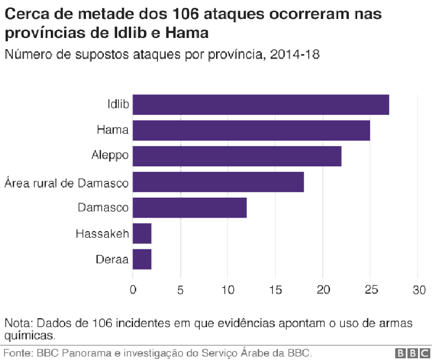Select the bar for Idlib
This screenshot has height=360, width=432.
261,105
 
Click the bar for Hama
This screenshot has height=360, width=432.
251,131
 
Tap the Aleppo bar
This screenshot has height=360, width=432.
237,156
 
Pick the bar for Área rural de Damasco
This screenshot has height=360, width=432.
218,182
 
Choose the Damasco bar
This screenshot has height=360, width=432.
189,208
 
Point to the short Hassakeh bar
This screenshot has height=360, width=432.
142,233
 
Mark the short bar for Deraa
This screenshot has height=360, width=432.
142,259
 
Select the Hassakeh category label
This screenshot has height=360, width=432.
102,233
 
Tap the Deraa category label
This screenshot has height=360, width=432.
112,259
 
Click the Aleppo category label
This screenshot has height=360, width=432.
110,156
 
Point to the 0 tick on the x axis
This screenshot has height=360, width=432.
132,290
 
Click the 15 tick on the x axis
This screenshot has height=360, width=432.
275,290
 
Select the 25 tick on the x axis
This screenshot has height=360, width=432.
370,290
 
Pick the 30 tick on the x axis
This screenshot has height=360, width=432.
418,290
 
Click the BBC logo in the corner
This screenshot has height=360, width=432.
412,353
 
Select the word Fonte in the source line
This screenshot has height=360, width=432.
17,353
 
